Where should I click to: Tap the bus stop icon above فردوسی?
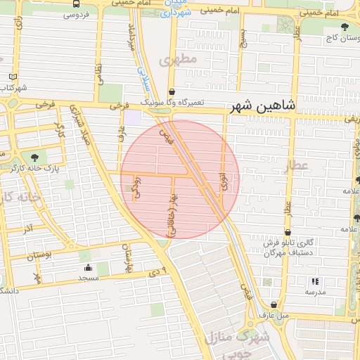pos(76,4)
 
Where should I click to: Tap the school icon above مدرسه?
pos(314,281)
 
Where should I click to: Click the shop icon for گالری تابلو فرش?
pos(287,233)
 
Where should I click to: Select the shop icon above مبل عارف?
pos(274,304)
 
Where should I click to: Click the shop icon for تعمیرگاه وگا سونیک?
pos(172,91)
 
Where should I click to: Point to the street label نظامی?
pos(98,72)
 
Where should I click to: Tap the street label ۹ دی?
pos(159,271)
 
